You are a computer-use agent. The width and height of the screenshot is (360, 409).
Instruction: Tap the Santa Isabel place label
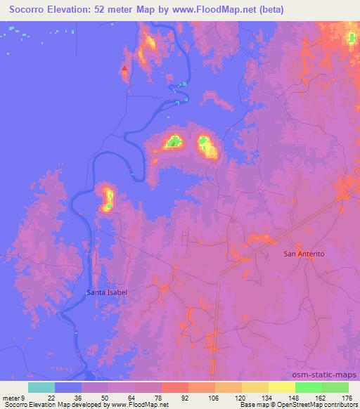click(x=107, y=292)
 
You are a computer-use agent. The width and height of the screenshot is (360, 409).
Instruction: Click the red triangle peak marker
click(x=124, y=69)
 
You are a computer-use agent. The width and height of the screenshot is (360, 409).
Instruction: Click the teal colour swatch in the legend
click(x=41, y=387)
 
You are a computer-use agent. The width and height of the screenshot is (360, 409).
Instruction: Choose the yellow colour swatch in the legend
click(x=281, y=387)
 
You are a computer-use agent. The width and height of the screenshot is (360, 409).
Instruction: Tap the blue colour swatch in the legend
click(x=68, y=387)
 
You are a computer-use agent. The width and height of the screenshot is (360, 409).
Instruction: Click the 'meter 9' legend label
click(x=13, y=397)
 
